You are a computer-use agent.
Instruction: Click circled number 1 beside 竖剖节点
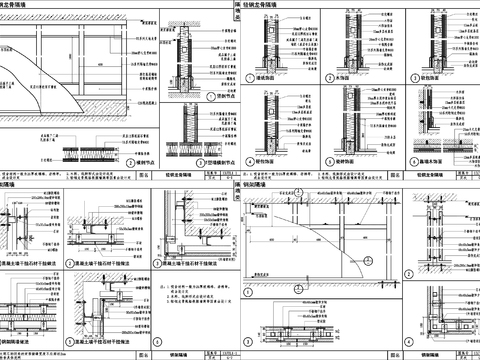(196, 97)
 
